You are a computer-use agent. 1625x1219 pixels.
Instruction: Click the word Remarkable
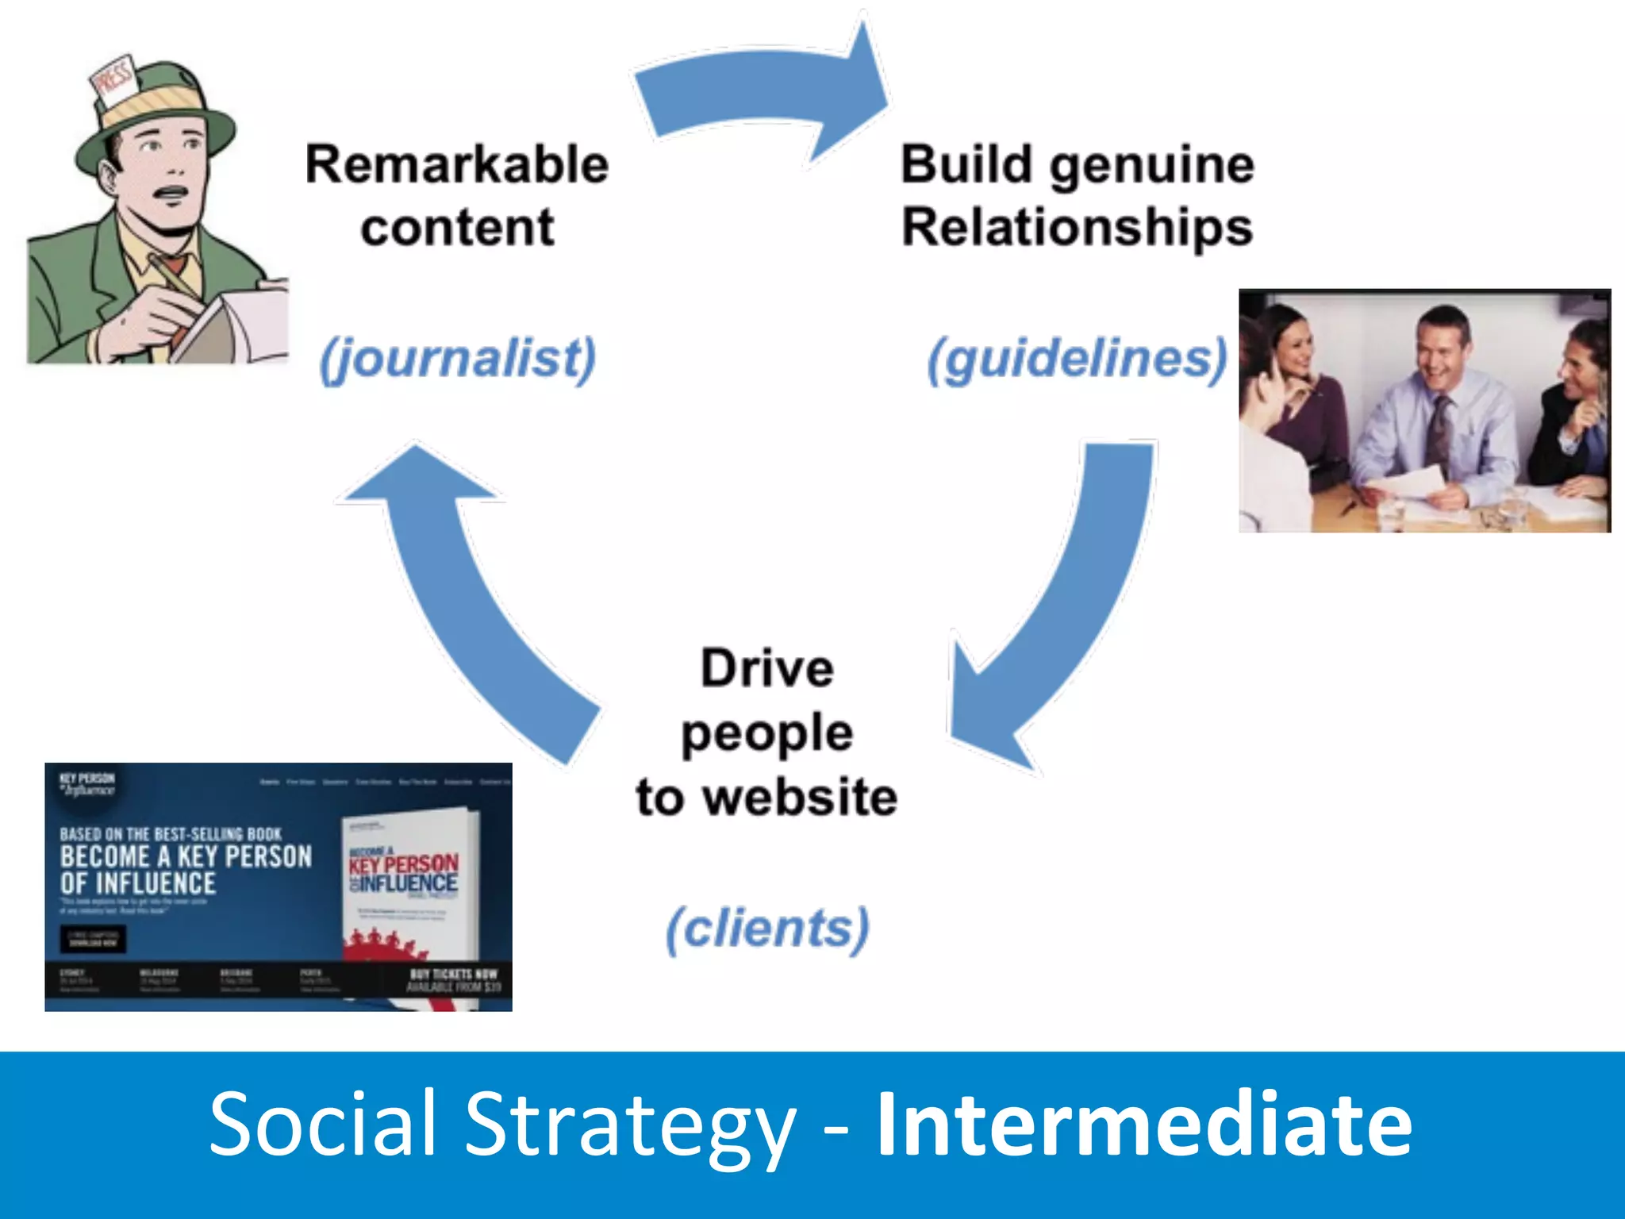coord(457,165)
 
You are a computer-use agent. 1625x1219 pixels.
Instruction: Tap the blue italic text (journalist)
coord(457,359)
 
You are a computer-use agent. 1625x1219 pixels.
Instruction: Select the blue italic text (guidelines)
coord(1077,359)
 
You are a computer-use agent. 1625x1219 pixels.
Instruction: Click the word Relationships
coord(1077,228)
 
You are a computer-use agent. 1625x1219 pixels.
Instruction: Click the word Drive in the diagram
coord(766,668)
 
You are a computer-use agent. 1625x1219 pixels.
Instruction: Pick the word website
coord(801,797)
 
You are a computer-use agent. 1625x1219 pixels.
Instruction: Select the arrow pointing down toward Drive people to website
coord(1063,619)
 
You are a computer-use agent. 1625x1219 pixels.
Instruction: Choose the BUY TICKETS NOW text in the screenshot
coord(453,974)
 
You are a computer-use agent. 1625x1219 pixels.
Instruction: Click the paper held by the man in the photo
coord(1408,484)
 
